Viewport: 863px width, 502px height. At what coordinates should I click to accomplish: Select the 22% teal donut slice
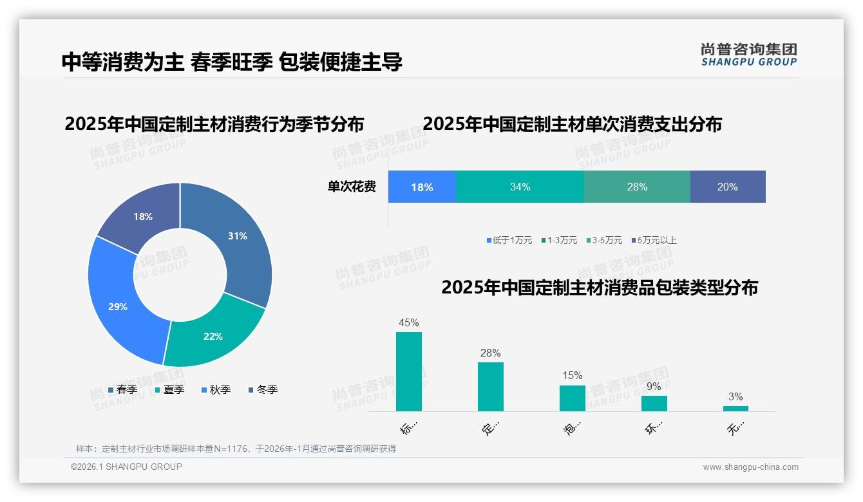[213, 335]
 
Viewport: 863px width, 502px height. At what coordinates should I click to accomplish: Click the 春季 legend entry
[122, 389]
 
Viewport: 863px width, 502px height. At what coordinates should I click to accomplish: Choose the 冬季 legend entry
[263, 389]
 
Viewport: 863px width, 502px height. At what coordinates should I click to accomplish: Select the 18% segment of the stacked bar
[422, 187]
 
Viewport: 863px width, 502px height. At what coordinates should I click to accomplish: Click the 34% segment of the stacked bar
[520, 187]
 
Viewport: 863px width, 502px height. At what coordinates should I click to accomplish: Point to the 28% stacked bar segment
[637, 187]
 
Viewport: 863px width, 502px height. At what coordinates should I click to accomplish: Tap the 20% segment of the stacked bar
[728, 187]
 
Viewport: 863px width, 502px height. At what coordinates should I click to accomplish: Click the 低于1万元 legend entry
[509, 241]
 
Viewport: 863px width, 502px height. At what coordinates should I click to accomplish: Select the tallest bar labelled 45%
[409, 371]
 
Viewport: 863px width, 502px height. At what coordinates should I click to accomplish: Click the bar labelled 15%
[573, 398]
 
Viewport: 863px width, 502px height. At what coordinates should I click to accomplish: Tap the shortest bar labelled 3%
[735, 408]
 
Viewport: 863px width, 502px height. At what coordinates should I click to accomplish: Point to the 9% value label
[654, 387]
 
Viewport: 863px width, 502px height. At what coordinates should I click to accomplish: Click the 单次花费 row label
[352, 187]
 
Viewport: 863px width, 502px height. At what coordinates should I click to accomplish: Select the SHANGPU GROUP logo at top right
[748, 55]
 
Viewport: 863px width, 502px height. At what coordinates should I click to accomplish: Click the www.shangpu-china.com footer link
[750, 467]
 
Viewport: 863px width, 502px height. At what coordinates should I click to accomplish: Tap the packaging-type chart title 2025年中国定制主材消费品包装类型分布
[599, 288]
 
